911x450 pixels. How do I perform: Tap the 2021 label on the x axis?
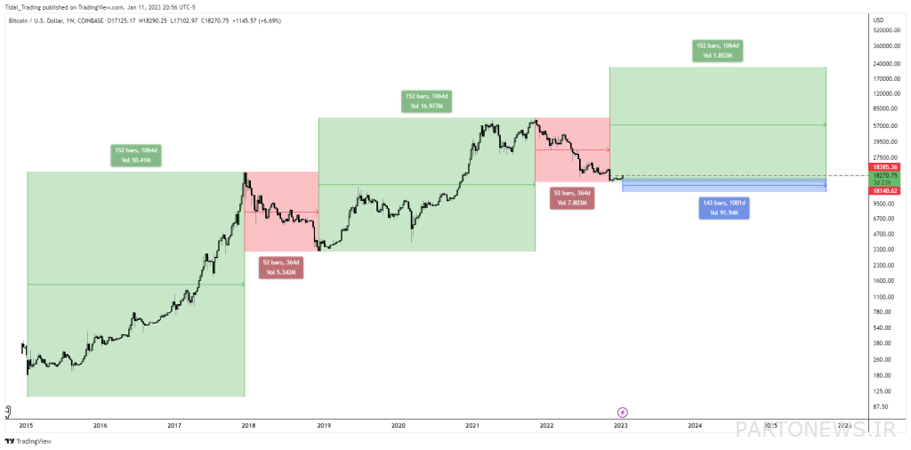tap(472, 426)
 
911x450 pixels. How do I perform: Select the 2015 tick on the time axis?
tap(26, 426)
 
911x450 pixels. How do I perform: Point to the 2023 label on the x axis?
tap(621, 426)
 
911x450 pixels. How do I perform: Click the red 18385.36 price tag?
tap(887, 167)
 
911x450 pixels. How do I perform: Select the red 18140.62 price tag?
tap(887, 190)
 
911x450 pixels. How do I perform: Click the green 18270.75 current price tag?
tap(887, 176)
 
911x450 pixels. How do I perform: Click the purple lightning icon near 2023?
tap(622, 412)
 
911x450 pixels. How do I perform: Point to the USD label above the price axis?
tap(878, 19)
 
